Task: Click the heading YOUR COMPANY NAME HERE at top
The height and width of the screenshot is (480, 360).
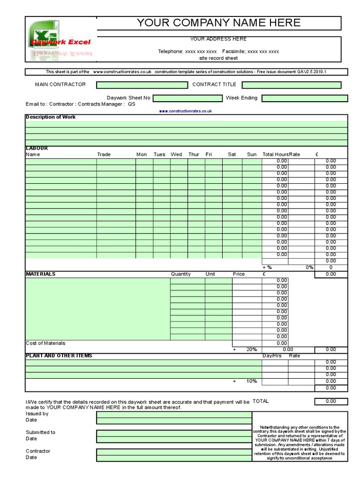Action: (x=218, y=23)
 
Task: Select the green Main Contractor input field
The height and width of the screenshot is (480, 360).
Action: (x=142, y=85)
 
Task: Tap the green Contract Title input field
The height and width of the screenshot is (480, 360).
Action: (x=292, y=85)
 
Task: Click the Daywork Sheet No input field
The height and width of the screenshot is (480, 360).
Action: (x=187, y=98)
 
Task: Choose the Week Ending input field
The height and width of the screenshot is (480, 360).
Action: (x=305, y=98)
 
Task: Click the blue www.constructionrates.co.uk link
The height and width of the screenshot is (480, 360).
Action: (x=186, y=111)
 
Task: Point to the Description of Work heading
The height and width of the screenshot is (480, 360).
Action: (x=51, y=117)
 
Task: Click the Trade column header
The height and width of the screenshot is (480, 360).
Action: (x=104, y=154)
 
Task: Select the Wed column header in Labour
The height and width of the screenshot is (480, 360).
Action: (x=176, y=154)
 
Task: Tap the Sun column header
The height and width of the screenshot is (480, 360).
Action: (x=252, y=154)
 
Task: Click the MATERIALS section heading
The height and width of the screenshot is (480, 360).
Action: (x=40, y=274)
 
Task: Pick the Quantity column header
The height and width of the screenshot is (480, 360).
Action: (x=180, y=274)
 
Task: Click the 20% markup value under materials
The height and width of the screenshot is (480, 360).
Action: (x=251, y=350)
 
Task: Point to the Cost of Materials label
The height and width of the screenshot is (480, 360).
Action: (x=45, y=343)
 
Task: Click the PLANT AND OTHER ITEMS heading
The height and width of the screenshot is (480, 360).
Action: (x=59, y=356)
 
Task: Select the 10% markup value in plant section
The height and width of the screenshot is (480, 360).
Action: (x=251, y=381)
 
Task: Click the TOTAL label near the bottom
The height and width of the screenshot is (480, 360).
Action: (x=261, y=401)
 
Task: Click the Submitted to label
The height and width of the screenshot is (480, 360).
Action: (x=40, y=432)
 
